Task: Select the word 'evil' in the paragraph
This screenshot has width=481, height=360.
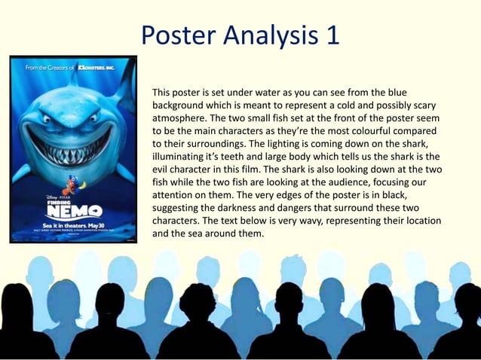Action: click(x=163, y=169)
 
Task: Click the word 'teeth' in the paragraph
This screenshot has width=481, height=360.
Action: click(x=231, y=157)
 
